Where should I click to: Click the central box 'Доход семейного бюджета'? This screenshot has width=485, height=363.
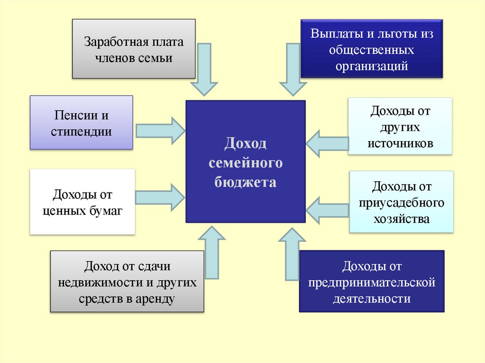point(245,161)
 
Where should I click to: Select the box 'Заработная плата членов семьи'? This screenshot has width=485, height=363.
point(134,49)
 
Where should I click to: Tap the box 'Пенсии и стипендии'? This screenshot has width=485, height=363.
point(81,123)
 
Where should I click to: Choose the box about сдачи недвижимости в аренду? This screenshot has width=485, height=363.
point(127,282)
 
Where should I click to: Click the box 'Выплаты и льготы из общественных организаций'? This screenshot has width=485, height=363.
point(372,49)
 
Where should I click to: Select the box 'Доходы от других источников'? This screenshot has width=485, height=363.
point(400,126)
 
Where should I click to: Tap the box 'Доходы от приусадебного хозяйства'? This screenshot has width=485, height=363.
point(401,202)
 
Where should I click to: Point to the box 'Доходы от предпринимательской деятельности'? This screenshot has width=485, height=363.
point(372,281)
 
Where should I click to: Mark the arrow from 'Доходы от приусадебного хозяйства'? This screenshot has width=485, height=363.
point(327,210)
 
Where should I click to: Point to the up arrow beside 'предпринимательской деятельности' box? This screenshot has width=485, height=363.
point(293,253)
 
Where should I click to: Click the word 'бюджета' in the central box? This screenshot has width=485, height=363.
point(245,182)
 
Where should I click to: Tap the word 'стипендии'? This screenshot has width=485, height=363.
point(81,131)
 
